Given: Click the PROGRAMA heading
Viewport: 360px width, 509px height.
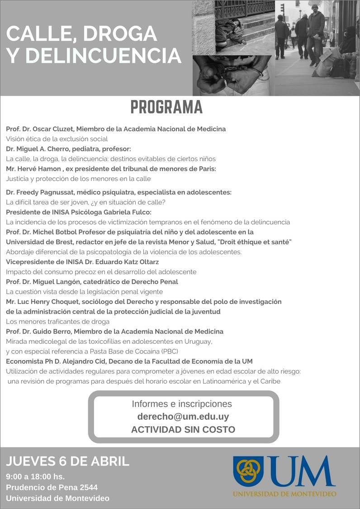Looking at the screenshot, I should (x=166, y=107).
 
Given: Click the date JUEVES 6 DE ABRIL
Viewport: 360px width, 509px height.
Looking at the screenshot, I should (x=68, y=461).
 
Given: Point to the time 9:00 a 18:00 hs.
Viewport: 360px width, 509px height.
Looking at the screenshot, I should (x=35, y=476).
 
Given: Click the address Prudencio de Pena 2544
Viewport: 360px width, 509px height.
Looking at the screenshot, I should (x=52, y=487).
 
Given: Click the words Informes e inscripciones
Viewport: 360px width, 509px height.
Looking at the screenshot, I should (x=182, y=404).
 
